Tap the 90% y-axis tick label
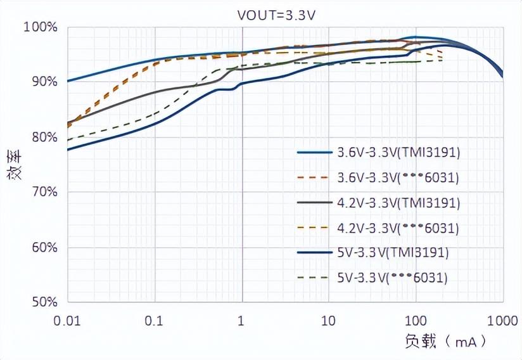pos(43,82)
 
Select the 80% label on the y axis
pos(43,137)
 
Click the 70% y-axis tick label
pos(43,192)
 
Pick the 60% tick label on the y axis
pos(43,247)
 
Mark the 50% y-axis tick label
pos(43,302)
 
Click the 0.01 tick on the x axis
pos(67,321)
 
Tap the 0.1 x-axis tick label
pos(154,321)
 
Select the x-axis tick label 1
pos(241,321)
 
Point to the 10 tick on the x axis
pos(328,321)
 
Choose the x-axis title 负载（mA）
pos(446,342)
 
